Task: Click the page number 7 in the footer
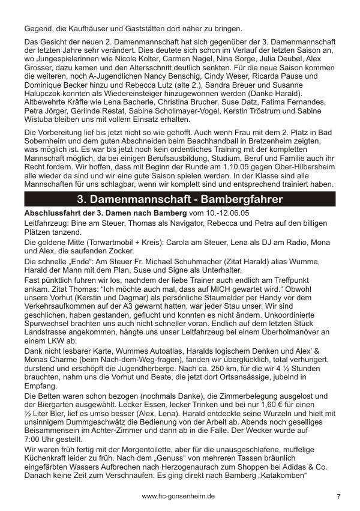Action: pos(339,497)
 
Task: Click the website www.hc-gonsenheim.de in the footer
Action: pos(179,497)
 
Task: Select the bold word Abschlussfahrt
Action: pos(50,213)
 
